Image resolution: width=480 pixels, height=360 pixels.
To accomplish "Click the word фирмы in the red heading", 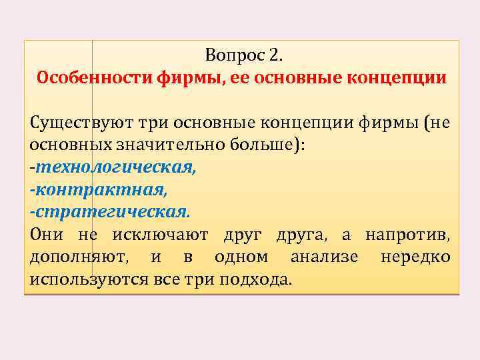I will pos(190,77).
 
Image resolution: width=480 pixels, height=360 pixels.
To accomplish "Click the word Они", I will pos(47,234).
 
